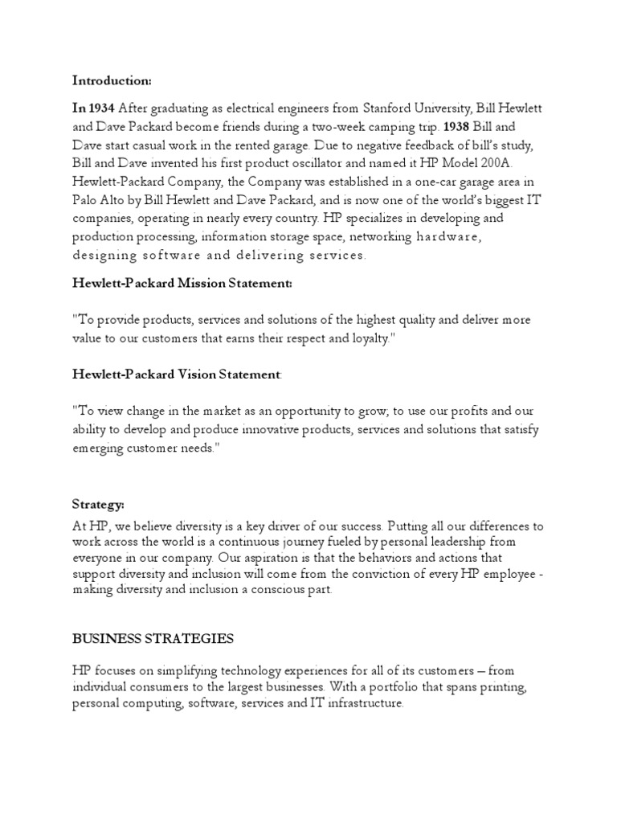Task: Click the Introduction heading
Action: (112, 80)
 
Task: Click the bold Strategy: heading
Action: (98, 505)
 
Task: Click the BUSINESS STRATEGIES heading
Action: (153, 639)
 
